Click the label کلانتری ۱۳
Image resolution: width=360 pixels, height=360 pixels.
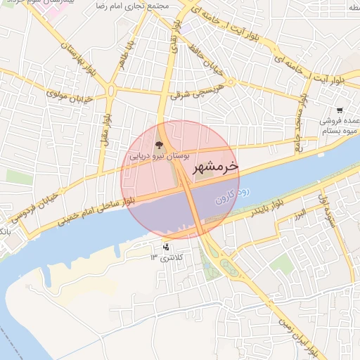[x=166, y=258]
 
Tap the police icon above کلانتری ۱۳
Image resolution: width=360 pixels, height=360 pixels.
[x=166, y=247]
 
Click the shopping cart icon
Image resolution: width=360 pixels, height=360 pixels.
[x=340, y=110]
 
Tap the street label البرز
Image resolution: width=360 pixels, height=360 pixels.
[x=299, y=213]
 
